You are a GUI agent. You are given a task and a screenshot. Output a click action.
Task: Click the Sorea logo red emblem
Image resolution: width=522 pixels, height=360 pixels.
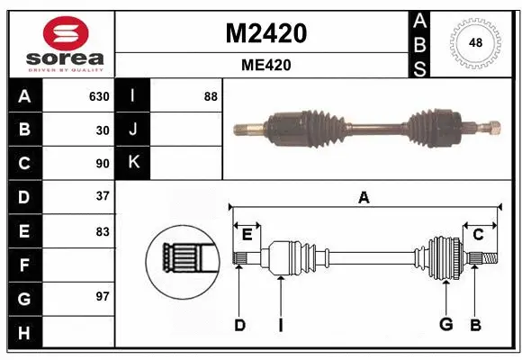point(61,33)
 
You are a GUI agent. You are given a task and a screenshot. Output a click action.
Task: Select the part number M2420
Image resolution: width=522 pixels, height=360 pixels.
point(265,33)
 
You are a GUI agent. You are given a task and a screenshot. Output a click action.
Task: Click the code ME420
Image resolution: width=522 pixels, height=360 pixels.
point(265,65)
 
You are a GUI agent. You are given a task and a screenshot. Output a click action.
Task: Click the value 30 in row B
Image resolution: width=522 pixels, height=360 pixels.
point(103,130)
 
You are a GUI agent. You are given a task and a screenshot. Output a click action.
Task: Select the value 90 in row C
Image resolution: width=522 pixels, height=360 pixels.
point(103,164)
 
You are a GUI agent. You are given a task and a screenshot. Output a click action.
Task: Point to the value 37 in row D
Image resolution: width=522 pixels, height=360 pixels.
point(103,196)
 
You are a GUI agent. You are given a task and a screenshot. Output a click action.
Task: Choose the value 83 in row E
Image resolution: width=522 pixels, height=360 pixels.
point(103,231)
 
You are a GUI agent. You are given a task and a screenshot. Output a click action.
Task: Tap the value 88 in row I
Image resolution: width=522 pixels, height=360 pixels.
point(211,96)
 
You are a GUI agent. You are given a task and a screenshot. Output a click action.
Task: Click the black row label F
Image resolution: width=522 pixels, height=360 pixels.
point(24,265)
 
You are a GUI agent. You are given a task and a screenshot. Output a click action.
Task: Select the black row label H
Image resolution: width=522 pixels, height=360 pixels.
point(24,333)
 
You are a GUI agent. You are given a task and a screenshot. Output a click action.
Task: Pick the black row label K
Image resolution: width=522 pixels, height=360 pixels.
point(134,163)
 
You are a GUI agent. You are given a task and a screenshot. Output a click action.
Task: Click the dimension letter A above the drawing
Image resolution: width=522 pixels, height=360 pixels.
point(364,198)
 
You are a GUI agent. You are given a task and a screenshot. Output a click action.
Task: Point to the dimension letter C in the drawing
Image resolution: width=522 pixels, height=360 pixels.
point(478,234)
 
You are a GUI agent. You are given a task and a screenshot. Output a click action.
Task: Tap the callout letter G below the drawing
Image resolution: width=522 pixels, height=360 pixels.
point(445,325)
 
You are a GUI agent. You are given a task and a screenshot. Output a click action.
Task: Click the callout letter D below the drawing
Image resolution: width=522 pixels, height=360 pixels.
point(239,325)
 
